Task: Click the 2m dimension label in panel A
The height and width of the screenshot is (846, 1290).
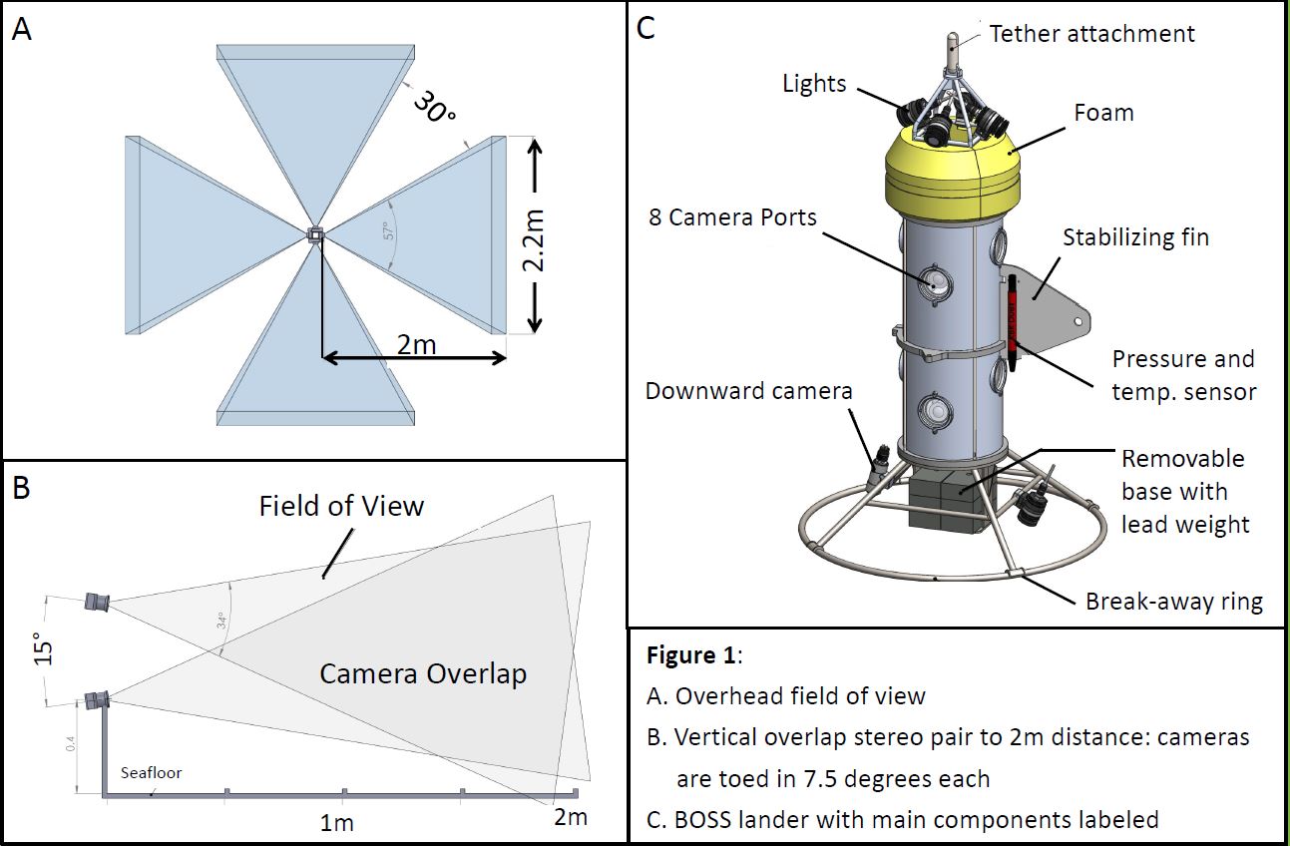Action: pyautogui.click(x=416, y=343)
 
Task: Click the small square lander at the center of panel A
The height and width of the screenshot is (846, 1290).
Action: pyautogui.click(x=315, y=234)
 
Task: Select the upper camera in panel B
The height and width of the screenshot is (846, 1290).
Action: pyautogui.click(x=98, y=601)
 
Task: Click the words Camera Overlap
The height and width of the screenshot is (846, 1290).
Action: pyautogui.click(x=422, y=673)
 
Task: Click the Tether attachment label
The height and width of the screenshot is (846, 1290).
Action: pyautogui.click(x=1091, y=33)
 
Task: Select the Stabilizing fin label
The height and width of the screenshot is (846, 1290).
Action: pyautogui.click(x=1135, y=237)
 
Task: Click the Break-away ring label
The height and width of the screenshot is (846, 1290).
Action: pyautogui.click(x=1174, y=602)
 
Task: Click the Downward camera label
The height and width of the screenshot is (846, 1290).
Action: pyautogui.click(x=748, y=391)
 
